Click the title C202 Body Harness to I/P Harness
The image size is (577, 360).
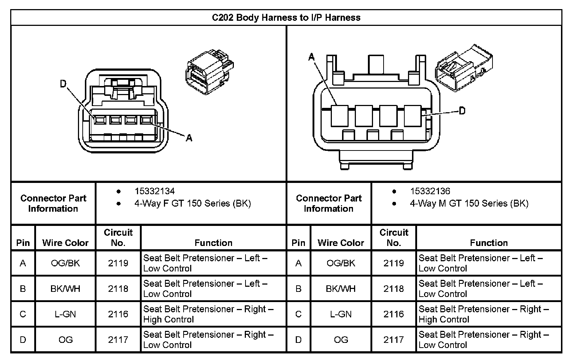[x=286, y=17]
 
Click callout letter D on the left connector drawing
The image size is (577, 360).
[x=63, y=84]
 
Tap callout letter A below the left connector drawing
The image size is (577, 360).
[x=189, y=138]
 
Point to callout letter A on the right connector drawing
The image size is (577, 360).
[x=311, y=57]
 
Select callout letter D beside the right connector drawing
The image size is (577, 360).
[x=462, y=111]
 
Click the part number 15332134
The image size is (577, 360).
[x=154, y=191]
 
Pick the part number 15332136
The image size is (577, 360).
[x=430, y=191]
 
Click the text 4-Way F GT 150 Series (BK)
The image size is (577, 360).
[x=193, y=203]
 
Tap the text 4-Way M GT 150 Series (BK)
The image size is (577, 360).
[x=469, y=203]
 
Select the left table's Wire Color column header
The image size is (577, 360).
[x=66, y=243]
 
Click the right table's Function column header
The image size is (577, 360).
[x=489, y=243]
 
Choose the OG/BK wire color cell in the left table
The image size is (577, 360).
[x=66, y=263]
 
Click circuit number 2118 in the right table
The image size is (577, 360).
[x=393, y=289]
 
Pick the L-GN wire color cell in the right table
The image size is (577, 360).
[x=341, y=314]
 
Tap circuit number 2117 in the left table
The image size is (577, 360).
[x=118, y=340]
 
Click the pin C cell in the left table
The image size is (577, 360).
[x=23, y=314]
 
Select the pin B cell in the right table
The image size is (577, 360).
[x=298, y=289]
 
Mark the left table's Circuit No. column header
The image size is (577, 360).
[x=118, y=238]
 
